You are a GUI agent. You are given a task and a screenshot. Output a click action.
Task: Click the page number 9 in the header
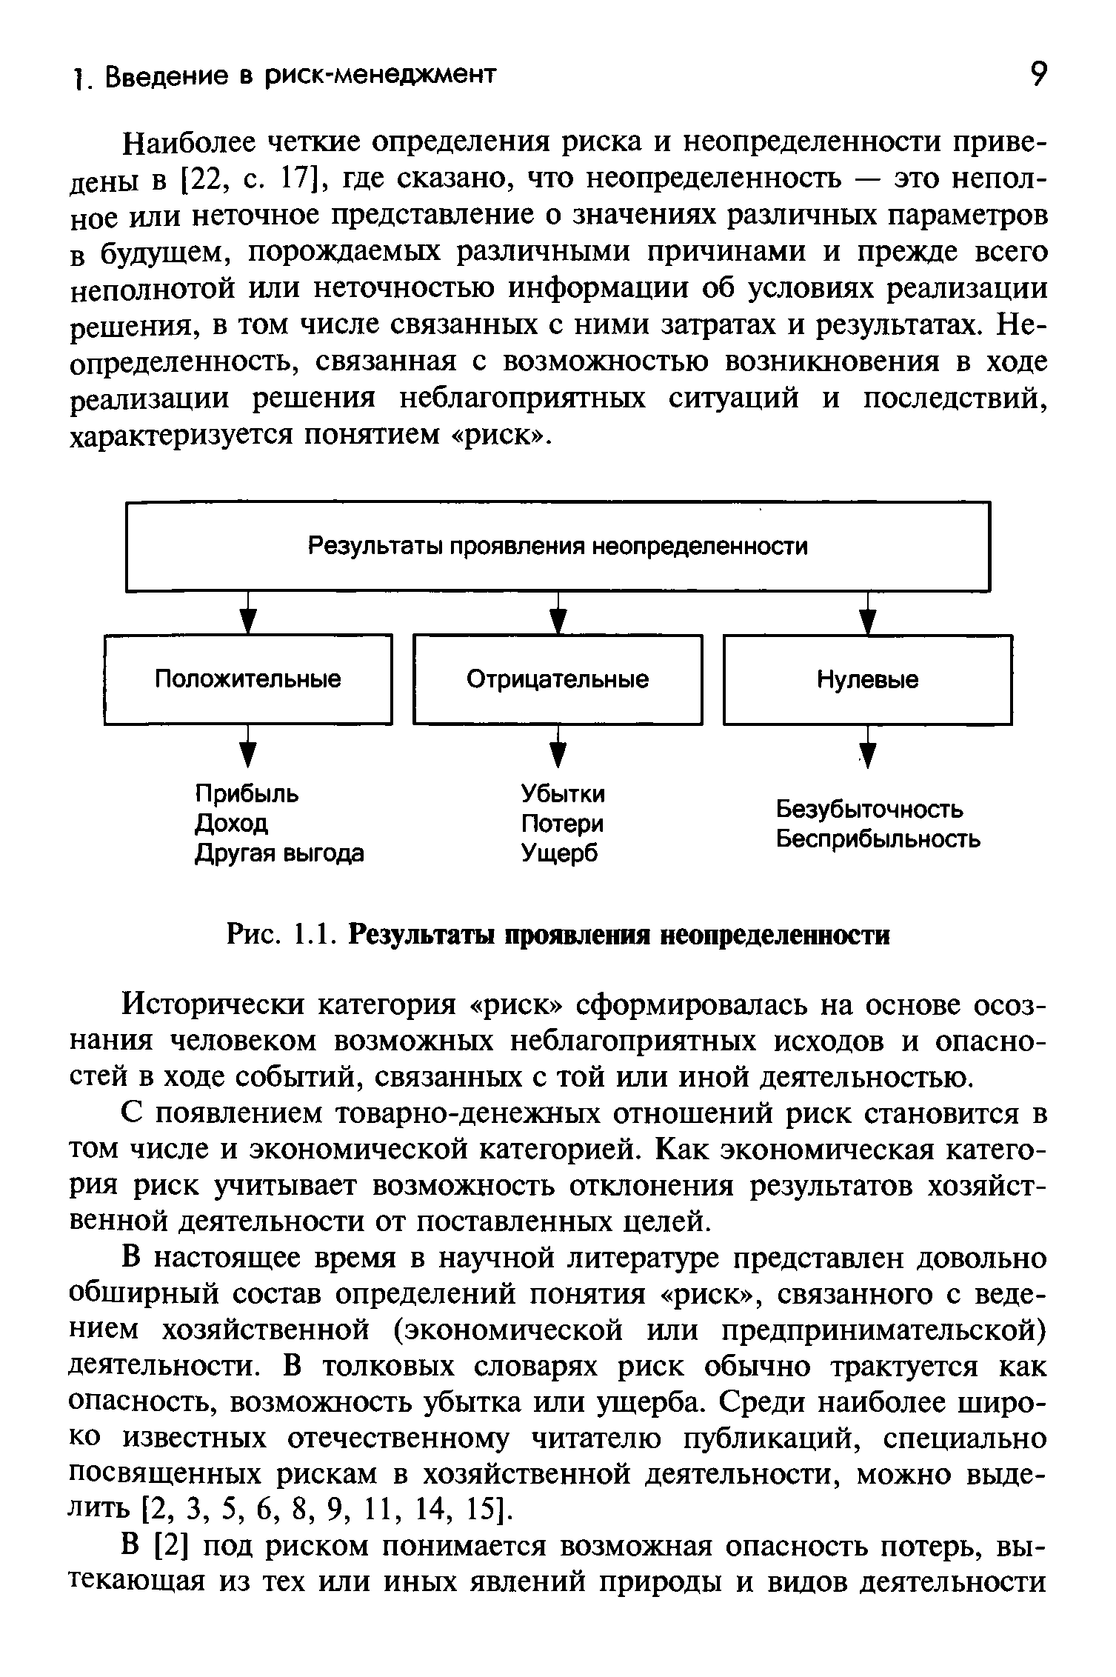point(1039,75)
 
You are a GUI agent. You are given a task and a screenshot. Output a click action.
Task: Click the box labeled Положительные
point(248,679)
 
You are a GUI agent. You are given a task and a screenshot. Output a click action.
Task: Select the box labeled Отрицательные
point(558,679)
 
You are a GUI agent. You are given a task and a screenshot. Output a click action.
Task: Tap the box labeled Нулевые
point(868,679)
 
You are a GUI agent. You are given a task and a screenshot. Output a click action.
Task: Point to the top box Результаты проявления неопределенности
point(558,547)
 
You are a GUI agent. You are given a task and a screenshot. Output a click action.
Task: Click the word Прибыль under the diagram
point(247,794)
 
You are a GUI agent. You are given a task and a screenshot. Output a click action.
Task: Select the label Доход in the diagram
point(231,824)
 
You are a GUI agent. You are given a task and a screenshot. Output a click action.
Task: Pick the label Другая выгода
point(279,854)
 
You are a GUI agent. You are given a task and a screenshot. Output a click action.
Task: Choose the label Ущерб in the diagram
point(559,854)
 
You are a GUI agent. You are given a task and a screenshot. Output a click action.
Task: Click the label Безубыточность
point(869,810)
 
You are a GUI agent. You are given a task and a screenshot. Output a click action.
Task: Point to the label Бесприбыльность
point(878,840)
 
